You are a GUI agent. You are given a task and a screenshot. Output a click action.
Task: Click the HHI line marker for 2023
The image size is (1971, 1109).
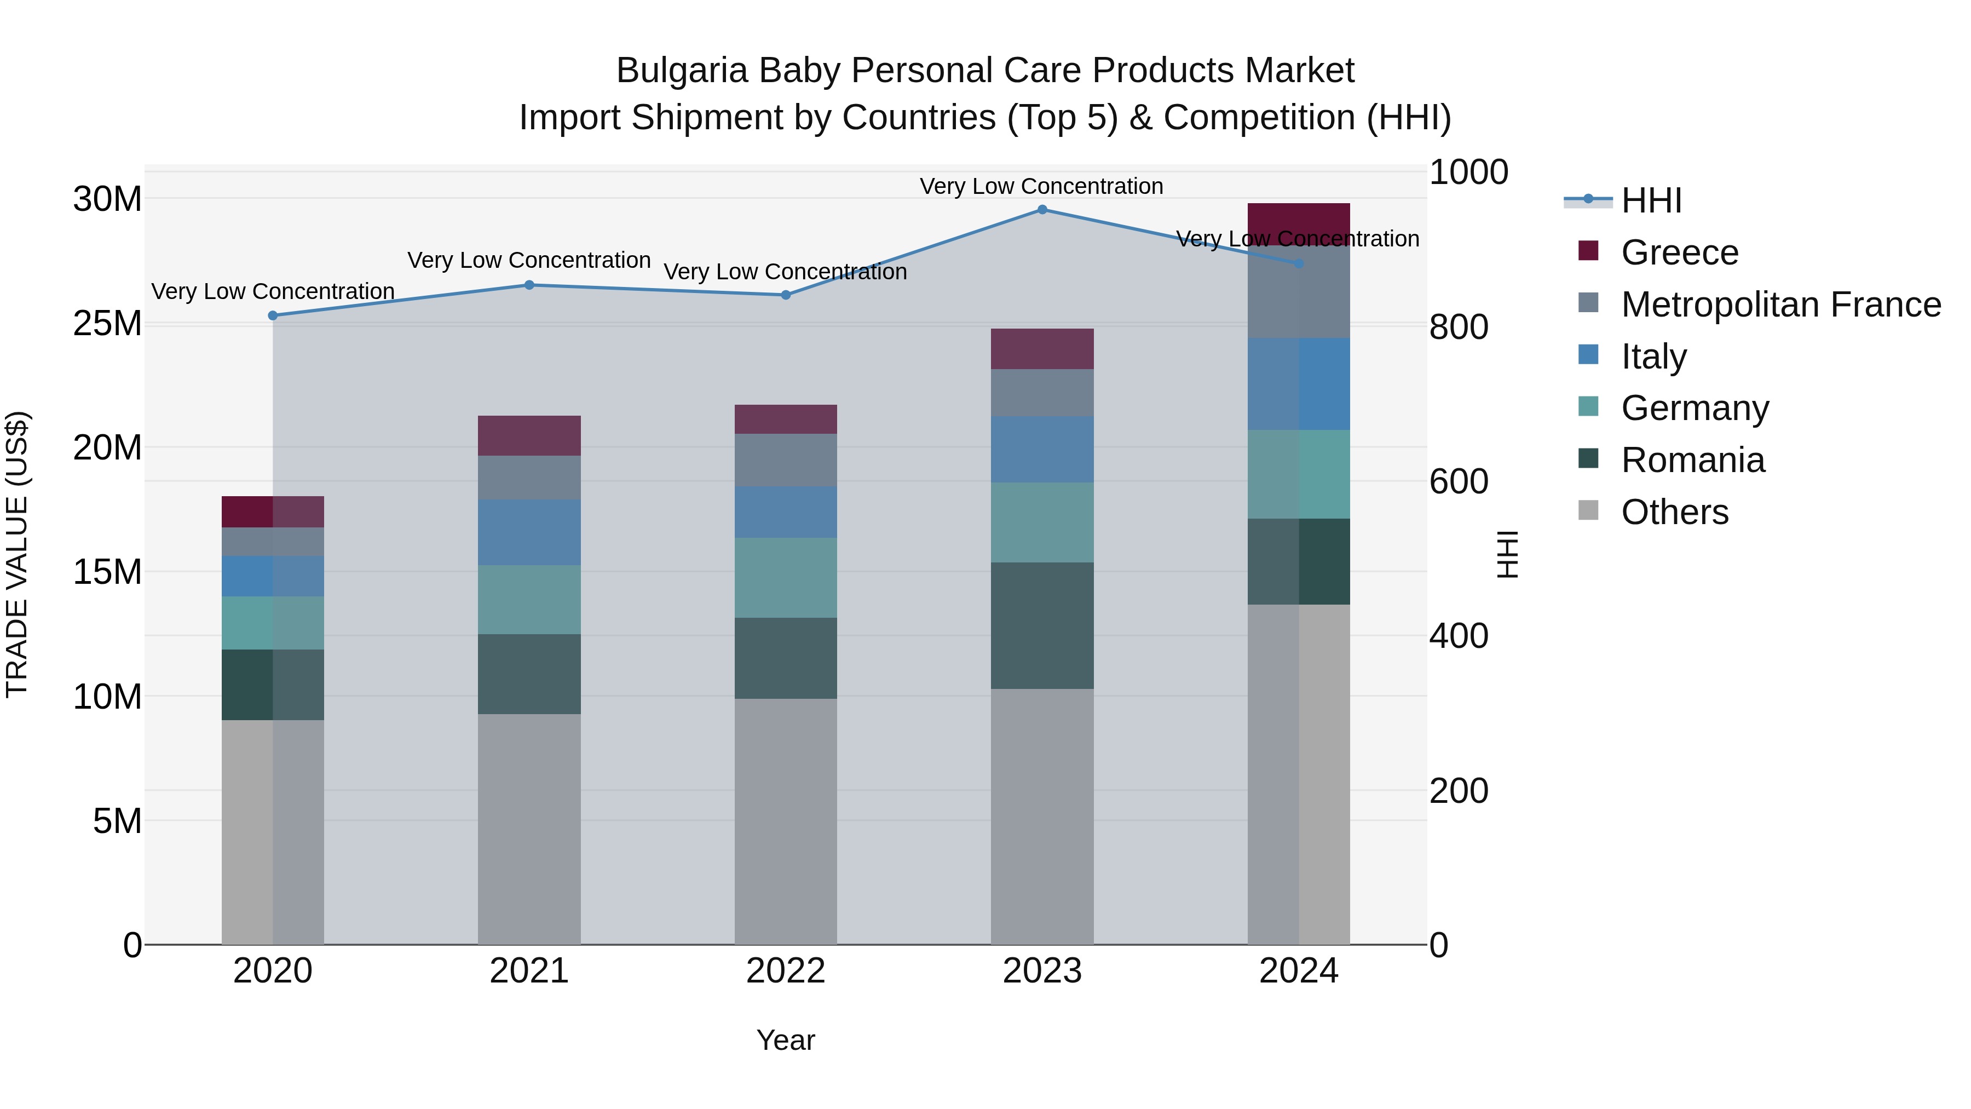coord(1041,210)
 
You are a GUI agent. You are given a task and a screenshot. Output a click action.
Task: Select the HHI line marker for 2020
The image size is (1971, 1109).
coord(273,315)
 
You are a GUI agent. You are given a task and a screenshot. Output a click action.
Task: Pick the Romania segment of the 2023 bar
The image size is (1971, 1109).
coord(1041,625)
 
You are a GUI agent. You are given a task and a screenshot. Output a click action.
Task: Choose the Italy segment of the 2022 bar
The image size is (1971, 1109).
coord(785,512)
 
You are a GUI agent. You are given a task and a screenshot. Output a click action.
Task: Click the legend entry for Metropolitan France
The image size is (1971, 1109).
coord(1780,304)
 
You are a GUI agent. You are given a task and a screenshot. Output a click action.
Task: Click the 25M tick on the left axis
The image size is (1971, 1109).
coord(107,324)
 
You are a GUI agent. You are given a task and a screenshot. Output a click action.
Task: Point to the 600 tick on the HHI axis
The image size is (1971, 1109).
coord(1459,481)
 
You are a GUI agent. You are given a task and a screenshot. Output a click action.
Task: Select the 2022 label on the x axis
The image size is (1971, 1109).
coord(785,971)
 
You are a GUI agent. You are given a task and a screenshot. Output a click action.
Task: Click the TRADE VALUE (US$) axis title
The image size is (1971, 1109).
coord(18,554)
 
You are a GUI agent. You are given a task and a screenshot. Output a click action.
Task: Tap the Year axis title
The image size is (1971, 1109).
coord(785,1040)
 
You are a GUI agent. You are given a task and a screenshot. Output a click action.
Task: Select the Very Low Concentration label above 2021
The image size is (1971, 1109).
coord(529,260)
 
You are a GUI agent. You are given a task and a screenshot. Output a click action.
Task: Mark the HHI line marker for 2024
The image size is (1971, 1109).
coord(1299,263)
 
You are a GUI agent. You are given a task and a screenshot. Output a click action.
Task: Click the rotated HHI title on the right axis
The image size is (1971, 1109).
coord(1507,554)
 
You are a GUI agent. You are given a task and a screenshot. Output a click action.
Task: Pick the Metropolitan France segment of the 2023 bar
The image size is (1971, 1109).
coord(1041,393)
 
